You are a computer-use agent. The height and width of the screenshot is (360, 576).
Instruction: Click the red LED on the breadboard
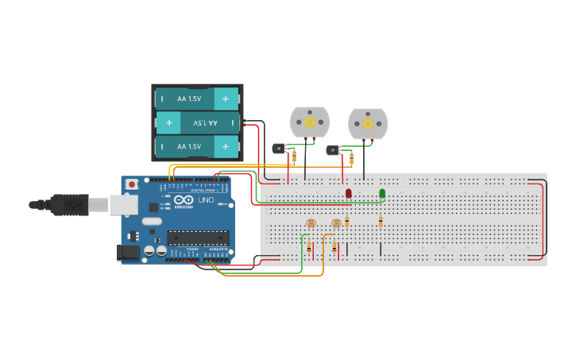coord(348,193)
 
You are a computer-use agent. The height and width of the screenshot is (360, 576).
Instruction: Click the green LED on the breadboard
coord(382,193)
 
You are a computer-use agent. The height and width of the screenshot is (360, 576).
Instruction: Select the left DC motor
coord(309,122)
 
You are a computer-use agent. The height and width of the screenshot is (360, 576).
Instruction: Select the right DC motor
coord(367,124)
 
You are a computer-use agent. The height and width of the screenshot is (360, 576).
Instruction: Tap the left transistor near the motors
coord(279,148)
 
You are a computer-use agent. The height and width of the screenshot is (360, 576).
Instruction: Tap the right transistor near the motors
coord(332,150)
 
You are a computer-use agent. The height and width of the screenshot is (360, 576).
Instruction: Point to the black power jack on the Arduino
coord(127,253)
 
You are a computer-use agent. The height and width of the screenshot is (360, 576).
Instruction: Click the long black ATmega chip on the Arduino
coord(198,237)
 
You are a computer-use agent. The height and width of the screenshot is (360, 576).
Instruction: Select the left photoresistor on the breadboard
coord(311,223)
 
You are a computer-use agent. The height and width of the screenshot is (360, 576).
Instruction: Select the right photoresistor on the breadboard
coord(336,223)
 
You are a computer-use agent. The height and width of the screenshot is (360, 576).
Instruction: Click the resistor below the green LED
coord(381,221)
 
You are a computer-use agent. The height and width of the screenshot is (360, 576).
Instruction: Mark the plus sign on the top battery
coord(226,99)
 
